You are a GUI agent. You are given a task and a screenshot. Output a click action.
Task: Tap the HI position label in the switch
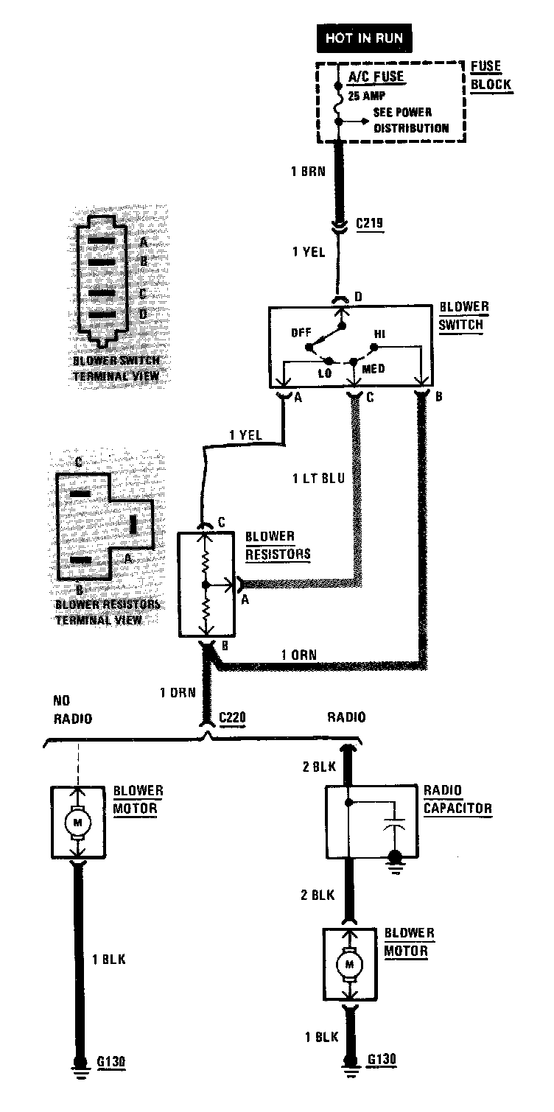[x=379, y=333]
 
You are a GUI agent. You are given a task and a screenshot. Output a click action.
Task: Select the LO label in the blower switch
[x=325, y=372]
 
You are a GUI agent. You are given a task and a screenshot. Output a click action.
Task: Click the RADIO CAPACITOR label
[x=457, y=799]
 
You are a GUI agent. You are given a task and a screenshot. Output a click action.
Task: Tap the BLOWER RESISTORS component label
[x=278, y=545]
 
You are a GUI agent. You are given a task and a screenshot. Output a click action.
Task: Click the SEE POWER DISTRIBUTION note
[x=410, y=120]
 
